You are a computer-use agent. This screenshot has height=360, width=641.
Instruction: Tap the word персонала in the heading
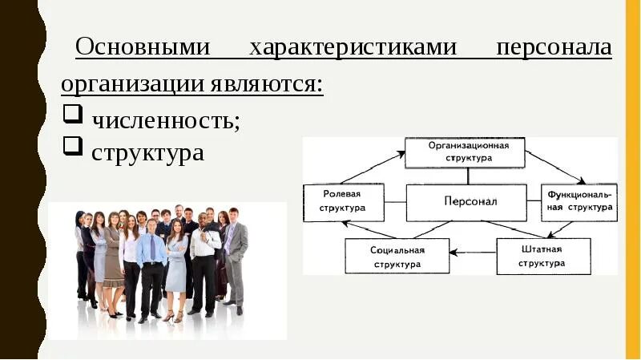[x=554, y=47]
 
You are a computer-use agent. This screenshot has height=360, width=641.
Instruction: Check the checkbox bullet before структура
[x=72, y=145]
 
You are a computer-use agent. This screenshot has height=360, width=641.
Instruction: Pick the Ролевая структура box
[x=343, y=201]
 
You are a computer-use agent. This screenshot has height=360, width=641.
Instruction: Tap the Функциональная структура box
[x=579, y=201]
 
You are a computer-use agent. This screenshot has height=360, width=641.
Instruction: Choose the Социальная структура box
[x=397, y=256]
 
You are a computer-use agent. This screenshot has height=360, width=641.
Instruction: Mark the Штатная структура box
[x=542, y=255]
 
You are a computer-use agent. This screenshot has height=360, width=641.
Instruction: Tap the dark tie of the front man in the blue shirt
[x=152, y=248]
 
